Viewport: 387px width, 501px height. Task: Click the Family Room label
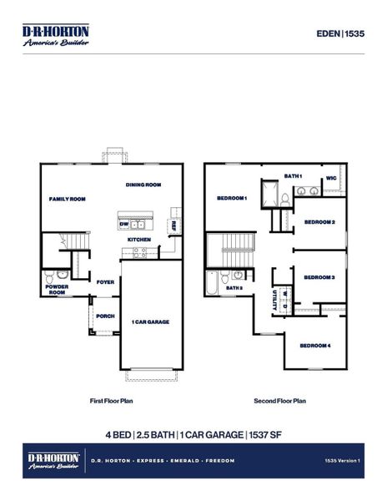pos(68,199)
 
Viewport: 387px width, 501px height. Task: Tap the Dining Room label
pos(143,185)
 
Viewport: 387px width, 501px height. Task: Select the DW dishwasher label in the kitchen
pos(124,225)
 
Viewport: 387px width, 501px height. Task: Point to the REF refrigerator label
pos(173,225)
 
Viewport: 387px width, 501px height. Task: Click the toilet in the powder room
pos(49,276)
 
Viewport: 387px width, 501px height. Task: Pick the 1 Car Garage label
pos(151,322)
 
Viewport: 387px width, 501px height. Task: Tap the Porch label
pos(105,316)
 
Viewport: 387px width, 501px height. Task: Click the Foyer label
pos(105,282)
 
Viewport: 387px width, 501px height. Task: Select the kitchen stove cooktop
pos(140,252)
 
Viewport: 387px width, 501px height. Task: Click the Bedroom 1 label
pos(232,198)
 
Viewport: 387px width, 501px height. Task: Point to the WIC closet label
pos(331,178)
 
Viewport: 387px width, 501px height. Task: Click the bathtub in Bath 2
pos(212,283)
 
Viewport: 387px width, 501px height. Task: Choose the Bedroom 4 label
pos(315,346)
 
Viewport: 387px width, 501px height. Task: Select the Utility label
pos(274,300)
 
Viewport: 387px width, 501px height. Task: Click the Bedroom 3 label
pos(319,277)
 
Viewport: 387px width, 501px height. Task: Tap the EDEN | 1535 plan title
pos(340,33)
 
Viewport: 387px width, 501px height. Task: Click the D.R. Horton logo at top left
pos(56,35)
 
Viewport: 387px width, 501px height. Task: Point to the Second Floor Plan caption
pos(279,401)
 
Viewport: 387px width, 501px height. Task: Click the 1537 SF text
pos(265,435)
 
